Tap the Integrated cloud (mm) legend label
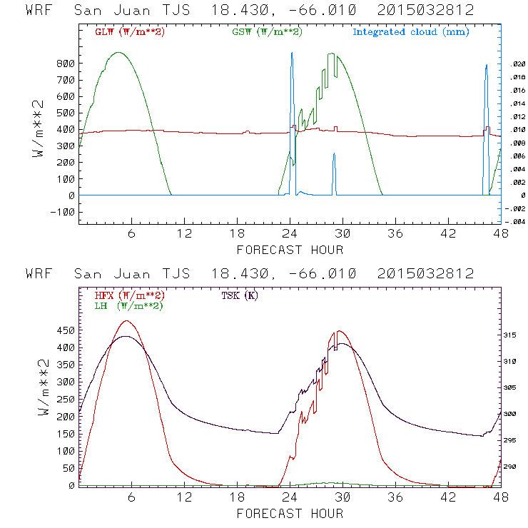pyautogui.click(x=410, y=32)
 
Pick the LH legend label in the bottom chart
pyautogui.click(x=128, y=305)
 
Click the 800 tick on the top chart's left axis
pyautogui.click(x=65, y=64)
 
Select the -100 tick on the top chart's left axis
pyautogui.click(x=62, y=212)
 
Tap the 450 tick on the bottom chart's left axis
pyautogui.click(x=65, y=330)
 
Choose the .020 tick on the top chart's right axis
pyautogui.click(x=517, y=64)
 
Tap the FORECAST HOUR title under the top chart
pyautogui.click(x=290, y=250)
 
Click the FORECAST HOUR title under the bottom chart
pyautogui.click(x=290, y=513)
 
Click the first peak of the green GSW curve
pyautogui.click(x=118, y=53)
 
